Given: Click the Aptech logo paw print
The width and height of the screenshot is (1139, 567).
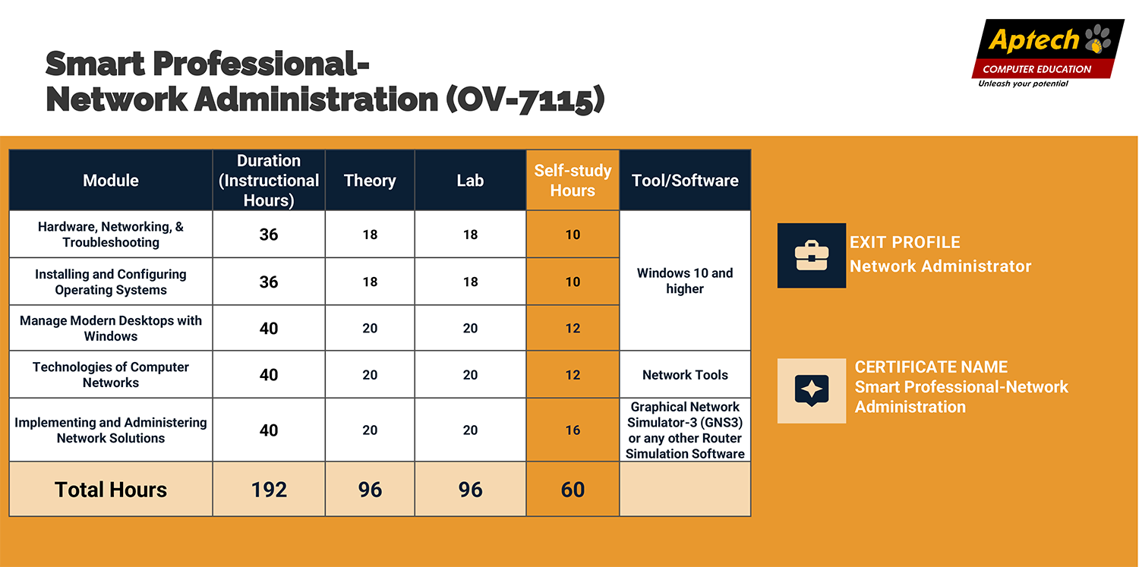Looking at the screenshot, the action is (1098, 39).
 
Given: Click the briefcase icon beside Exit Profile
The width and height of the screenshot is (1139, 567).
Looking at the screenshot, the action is (812, 256).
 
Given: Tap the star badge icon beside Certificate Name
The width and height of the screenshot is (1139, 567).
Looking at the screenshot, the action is (812, 391).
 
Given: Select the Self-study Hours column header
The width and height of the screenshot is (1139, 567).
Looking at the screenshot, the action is (573, 181).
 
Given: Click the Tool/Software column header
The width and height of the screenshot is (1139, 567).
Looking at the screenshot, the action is (685, 181).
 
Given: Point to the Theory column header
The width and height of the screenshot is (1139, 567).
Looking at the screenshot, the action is (370, 181).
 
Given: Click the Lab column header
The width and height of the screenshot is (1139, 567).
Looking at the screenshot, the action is (470, 181).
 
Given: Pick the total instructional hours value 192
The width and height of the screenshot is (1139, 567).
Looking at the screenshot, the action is (269, 490).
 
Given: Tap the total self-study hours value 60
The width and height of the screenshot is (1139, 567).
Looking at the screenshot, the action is (573, 490).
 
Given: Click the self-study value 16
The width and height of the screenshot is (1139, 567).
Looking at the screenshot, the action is (573, 430).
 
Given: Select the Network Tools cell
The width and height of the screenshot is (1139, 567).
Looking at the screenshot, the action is (685, 375).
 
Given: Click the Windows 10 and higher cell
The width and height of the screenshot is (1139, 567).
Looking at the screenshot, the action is (685, 280).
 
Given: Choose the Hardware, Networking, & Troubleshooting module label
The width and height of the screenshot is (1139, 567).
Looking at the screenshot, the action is (111, 235).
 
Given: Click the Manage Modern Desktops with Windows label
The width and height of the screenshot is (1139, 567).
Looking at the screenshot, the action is (111, 328).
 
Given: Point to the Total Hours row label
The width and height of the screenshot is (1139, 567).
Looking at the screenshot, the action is (111, 490).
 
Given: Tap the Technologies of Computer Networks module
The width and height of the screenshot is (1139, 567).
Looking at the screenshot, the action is (111, 374).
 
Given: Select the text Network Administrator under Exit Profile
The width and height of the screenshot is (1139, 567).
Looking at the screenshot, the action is (940, 266).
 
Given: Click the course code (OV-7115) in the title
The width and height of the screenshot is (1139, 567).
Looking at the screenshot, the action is (525, 99).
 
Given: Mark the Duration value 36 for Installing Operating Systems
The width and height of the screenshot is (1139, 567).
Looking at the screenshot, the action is (269, 282).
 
